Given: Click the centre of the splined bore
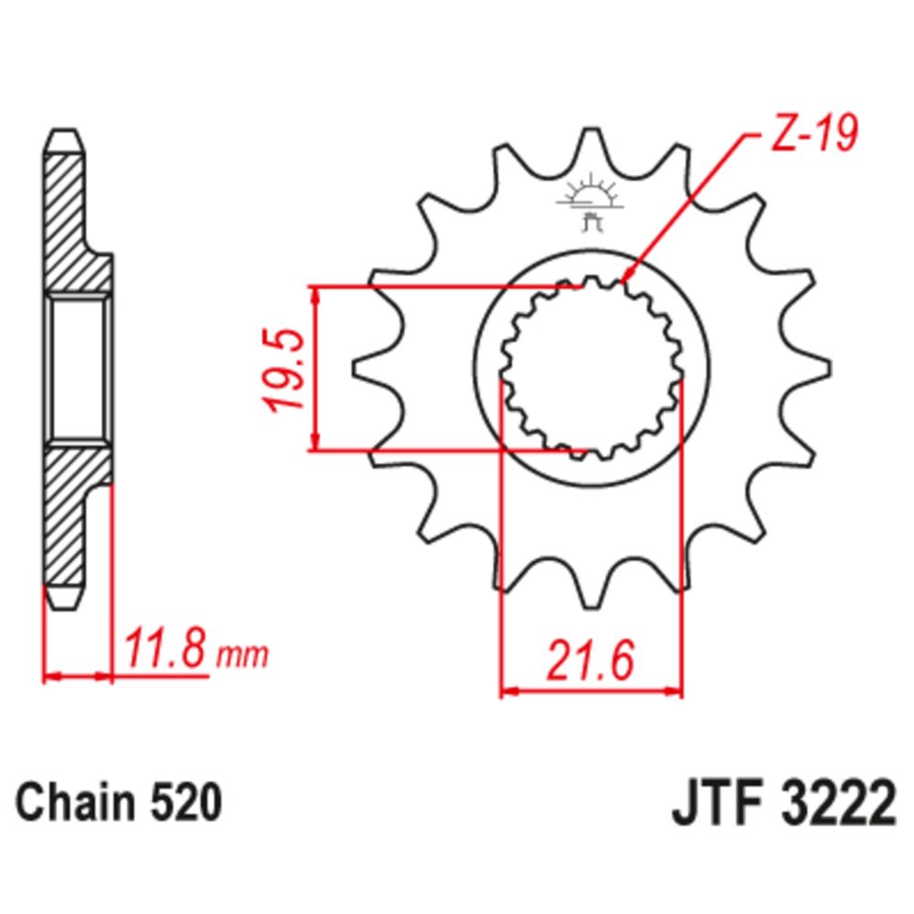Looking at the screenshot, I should (592, 368).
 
